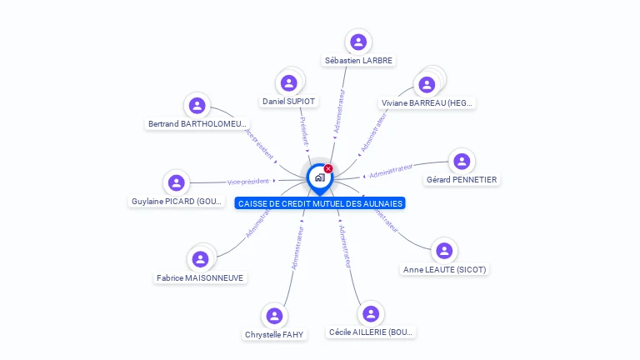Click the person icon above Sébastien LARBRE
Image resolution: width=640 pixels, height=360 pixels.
pyautogui.click(x=358, y=42)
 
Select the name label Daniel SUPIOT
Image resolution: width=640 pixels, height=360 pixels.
pyautogui.click(x=289, y=101)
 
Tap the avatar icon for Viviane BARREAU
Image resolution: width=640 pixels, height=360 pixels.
pyautogui.click(x=427, y=84)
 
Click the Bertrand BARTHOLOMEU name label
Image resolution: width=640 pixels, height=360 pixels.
pyautogui.click(x=197, y=124)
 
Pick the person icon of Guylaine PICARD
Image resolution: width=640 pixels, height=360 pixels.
pyautogui.click(x=176, y=182)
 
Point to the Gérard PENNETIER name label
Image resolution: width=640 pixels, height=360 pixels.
pyautogui.click(x=461, y=179)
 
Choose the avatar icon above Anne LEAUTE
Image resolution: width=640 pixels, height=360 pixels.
pyautogui.click(x=444, y=250)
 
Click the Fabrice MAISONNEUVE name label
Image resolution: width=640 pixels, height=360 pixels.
pyautogui.click(x=200, y=277)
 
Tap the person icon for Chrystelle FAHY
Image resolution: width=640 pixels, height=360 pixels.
pyautogui.click(x=274, y=316)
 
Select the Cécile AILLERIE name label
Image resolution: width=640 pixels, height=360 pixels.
pyautogui.click(x=371, y=332)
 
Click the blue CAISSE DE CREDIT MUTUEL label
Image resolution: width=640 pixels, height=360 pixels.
pyautogui.click(x=320, y=203)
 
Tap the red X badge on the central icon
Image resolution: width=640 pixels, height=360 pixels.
pyautogui.click(x=328, y=169)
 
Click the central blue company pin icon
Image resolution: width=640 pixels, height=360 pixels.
pyautogui.click(x=319, y=177)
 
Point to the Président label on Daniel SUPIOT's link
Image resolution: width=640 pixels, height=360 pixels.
pyautogui.click(x=305, y=132)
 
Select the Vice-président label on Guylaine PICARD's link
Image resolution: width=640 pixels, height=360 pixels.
pyautogui.click(x=248, y=181)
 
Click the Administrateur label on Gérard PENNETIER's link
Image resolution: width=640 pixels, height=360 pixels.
pyautogui.click(x=392, y=171)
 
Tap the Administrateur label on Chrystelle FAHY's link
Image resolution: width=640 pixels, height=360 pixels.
pyautogui.click(x=297, y=247)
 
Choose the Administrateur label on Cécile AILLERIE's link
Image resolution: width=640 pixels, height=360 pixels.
pyautogui.click(x=345, y=246)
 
